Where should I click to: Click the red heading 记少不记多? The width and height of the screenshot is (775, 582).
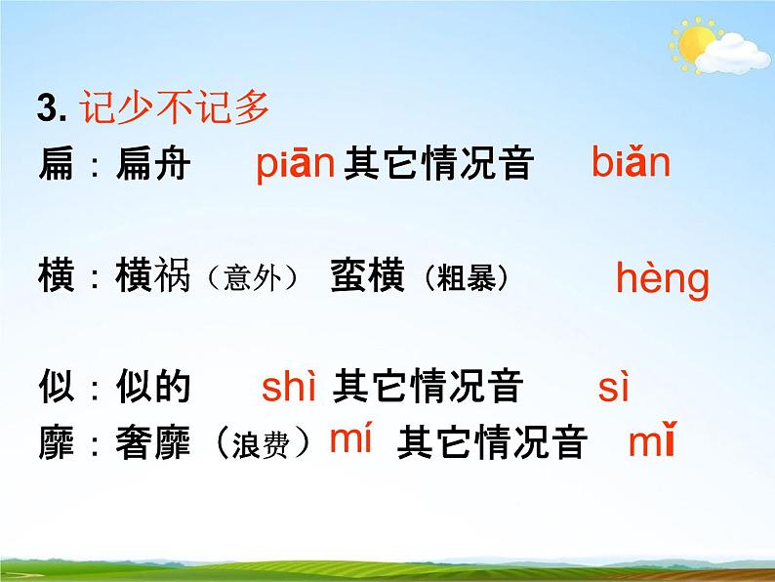point(177,108)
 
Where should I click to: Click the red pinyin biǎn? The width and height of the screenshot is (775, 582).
point(631,163)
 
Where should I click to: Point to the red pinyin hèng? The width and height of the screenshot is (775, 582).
point(662,280)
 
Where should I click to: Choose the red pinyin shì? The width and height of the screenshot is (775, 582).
point(290,389)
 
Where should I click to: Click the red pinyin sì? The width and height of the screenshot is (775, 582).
point(614,389)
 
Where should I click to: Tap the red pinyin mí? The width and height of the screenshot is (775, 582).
point(351,440)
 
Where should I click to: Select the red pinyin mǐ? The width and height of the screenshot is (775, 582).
point(652,444)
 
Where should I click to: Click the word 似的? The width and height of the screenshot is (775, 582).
point(152,389)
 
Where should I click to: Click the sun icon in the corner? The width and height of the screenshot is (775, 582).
point(696,43)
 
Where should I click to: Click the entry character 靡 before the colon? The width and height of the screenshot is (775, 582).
point(57,444)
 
